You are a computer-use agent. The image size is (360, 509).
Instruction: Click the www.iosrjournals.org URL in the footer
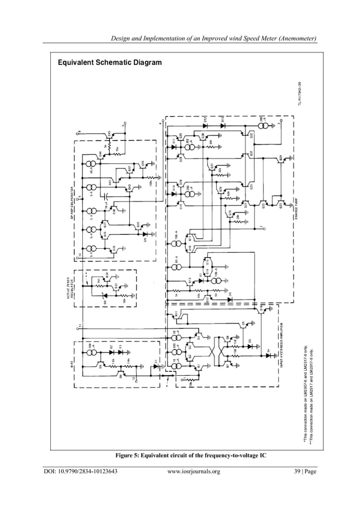pos(194,472)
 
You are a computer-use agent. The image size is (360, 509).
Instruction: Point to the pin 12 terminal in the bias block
pos(134,379)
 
